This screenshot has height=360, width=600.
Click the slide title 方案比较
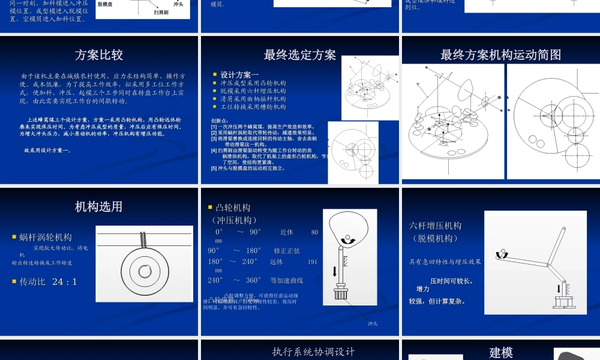pyautogui.click(x=99, y=55)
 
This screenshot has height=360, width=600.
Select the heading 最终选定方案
pyautogui.click(x=300, y=55)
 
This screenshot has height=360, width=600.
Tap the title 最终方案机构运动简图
pyautogui.click(x=500, y=55)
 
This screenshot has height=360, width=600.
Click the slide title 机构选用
pyautogui.click(x=99, y=207)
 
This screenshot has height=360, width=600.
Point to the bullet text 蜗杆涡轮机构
pyautogui.click(x=46, y=237)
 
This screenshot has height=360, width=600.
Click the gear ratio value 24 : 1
pyautogui.click(x=65, y=281)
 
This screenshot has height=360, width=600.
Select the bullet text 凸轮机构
pyautogui.click(x=233, y=208)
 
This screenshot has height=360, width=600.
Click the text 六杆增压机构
pyautogui.click(x=436, y=226)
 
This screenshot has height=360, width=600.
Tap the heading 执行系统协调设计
pyautogui.click(x=313, y=352)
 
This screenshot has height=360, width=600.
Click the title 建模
pyautogui.click(x=501, y=352)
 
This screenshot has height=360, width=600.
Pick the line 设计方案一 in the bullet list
pyautogui.click(x=239, y=74)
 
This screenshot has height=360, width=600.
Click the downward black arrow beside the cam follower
pyautogui.click(x=335, y=271)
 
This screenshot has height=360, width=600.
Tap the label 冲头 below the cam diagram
pyautogui.click(x=373, y=324)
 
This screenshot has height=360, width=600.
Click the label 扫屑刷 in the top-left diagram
pyautogui.click(x=161, y=12)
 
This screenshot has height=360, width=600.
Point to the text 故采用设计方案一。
pyautogui.click(x=47, y=150)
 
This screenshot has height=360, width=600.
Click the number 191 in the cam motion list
pyautogui.click(x=312, y=262)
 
